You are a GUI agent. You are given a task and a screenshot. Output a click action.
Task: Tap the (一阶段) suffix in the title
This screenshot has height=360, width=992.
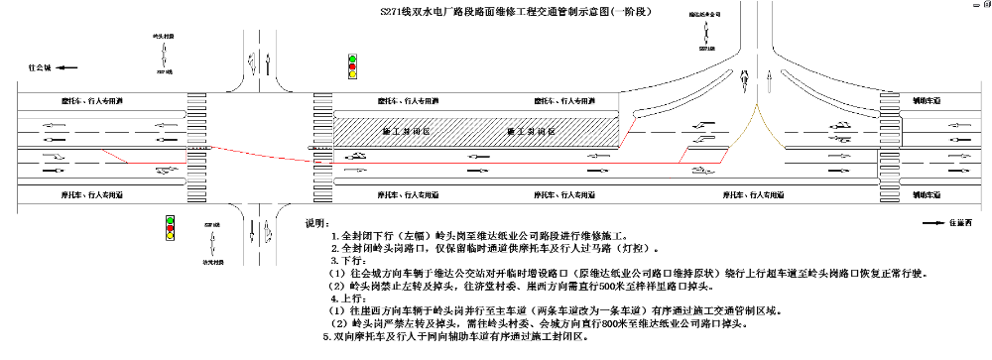[619, 11]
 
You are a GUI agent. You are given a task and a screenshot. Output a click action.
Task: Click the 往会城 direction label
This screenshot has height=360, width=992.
[39, 67]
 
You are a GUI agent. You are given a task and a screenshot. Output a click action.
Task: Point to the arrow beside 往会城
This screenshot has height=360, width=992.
[62, 67]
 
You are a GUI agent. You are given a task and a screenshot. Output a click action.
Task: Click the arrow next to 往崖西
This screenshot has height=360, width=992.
[932, 223]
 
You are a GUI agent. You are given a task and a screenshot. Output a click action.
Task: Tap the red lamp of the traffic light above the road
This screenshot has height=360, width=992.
[351, 67]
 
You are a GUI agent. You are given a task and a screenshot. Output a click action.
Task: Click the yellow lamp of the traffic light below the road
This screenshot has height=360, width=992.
[170, 228]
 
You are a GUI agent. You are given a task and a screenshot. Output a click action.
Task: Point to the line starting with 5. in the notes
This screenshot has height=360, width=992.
[456, 337]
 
